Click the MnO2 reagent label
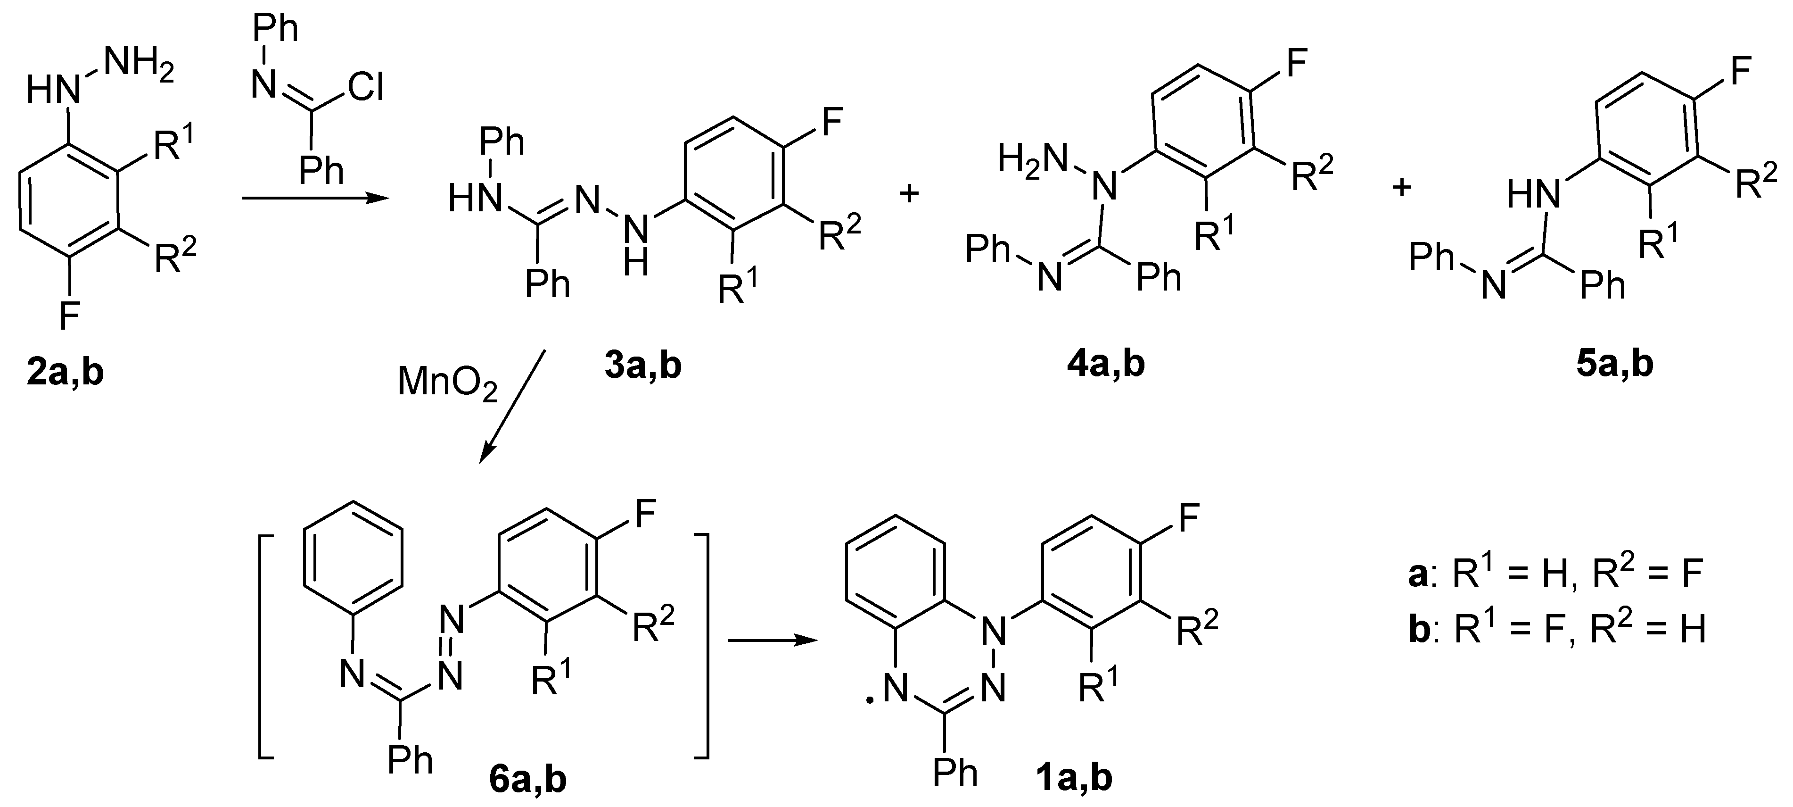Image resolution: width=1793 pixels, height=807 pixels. coord(447,383)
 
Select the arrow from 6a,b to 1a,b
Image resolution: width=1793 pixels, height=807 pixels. coord(773,640)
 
